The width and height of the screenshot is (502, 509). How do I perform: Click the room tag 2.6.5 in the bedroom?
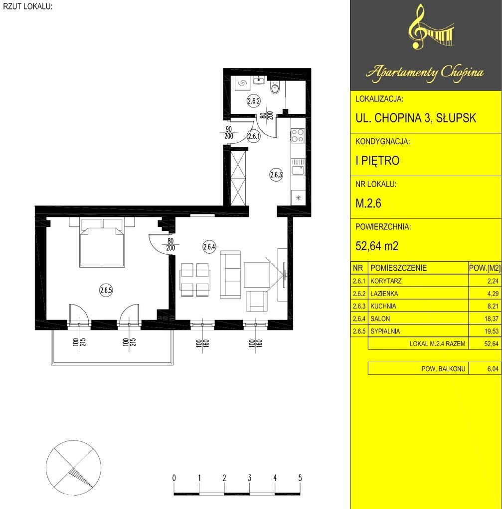click(106, 290)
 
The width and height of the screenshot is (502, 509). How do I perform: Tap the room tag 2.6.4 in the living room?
click(209, 247)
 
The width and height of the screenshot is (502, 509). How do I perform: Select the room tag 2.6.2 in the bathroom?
click(253, 101)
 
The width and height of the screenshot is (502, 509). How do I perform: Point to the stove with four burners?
click(298, 136)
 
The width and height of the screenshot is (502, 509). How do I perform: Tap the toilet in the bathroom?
click(275, 88)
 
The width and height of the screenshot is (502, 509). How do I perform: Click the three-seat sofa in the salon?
click(230, 275)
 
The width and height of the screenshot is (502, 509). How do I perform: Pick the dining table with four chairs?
click(194, 280)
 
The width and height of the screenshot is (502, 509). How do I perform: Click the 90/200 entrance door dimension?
click(229, 132)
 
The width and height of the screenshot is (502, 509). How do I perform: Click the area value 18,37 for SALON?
click(491, 319)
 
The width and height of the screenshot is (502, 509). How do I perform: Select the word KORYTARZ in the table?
click(386, 281)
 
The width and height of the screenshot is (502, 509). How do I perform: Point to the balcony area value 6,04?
click(493, 369)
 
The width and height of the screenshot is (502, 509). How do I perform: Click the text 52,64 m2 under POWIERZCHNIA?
click(377, 246)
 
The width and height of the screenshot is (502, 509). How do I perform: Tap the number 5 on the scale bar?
click(300, 478)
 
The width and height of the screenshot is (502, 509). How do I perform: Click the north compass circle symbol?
click(73, 468)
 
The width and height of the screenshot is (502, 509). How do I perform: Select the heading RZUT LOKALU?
click(27, 6)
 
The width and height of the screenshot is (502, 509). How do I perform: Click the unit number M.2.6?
click(368, 203)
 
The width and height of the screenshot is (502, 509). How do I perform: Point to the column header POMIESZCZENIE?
click(398, 268)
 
